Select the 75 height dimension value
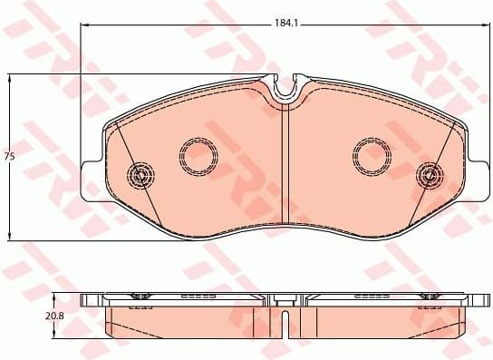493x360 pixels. coord(10,157)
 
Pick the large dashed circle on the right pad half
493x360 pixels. coord(371,156)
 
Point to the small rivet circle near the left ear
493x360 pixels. coord(140,174)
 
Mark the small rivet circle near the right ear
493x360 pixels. coord(428,174)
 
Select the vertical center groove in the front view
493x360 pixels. coord(286,163)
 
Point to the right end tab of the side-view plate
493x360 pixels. coord(480,299)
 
